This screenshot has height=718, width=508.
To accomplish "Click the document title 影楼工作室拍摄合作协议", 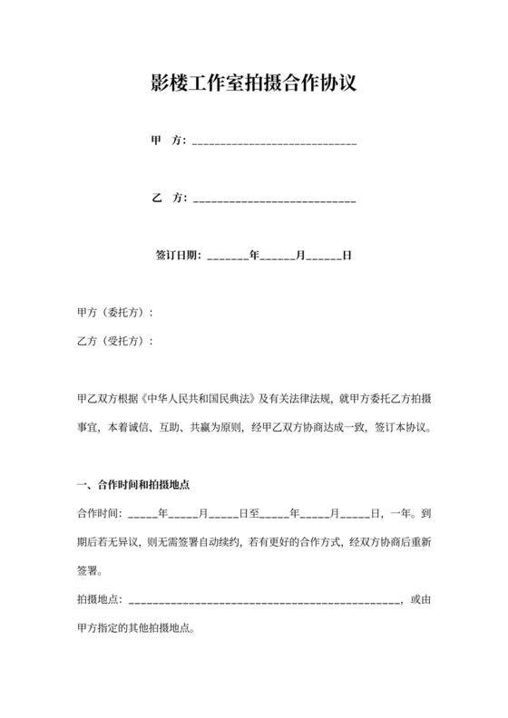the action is (253, 84).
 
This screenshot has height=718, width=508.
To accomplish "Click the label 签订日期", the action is (180, 257).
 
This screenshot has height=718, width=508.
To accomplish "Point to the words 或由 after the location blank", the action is (421, 600).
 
